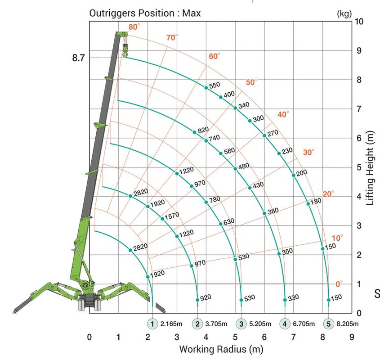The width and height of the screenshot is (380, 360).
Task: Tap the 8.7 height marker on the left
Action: coord(78,58)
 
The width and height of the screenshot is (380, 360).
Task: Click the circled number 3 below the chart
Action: coord(241,324)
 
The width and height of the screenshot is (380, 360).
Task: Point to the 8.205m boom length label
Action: coord(348,324)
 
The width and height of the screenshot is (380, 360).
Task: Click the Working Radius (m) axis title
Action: coord(221,349)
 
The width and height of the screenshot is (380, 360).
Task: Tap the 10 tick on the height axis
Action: coord(359,21)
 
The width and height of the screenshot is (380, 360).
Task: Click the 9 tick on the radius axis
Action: coord(352,337)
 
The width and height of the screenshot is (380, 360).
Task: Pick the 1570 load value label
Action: coord(172,216)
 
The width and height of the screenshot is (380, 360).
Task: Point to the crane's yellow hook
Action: coord(124,54)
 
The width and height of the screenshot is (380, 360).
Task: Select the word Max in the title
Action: coord(192,13)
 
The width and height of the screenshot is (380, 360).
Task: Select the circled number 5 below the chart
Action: coord(329,324)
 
